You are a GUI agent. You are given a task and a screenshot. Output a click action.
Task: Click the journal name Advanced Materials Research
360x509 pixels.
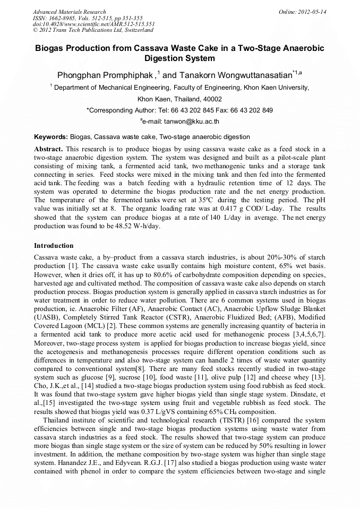coord(69,12)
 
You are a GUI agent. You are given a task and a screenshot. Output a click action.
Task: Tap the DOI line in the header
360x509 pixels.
coord(93,24)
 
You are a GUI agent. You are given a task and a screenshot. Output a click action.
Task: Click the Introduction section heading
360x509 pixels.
coord(54,246)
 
